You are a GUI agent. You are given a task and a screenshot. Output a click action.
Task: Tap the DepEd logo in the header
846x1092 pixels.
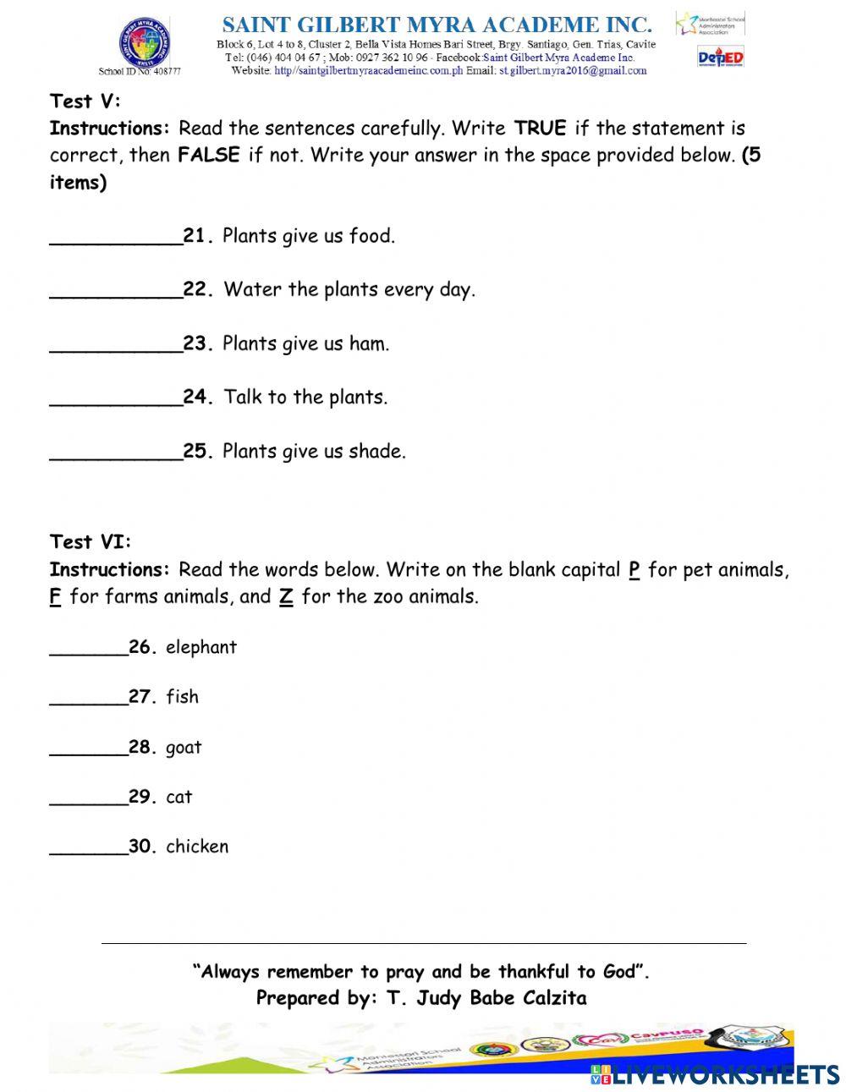coord(720,58)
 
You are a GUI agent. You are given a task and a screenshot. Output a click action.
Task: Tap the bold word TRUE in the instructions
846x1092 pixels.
coord(540,129)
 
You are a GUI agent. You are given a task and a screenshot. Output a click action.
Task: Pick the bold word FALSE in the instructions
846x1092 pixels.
coord(209,156)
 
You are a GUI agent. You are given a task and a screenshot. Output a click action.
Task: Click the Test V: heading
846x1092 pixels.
coord(85,102)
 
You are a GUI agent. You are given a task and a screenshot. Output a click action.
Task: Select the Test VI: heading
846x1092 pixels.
coord(91,542)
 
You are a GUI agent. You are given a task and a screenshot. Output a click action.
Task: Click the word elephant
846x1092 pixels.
coord(201,648)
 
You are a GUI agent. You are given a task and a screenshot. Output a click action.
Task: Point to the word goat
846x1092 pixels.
coord(184,749)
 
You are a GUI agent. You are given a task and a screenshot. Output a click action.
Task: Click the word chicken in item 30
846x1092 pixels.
coord(197,847)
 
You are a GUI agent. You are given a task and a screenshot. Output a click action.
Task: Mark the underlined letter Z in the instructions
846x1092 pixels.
coord(286,597)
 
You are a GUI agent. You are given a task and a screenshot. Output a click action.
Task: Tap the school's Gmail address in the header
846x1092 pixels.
coord(573,71)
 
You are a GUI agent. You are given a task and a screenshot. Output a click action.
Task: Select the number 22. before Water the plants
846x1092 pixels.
coord(198,290)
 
